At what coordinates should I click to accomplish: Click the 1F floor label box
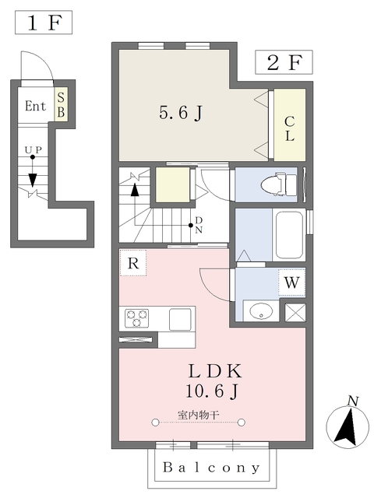pos(44,23)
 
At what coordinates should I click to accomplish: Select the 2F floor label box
pos(284,62)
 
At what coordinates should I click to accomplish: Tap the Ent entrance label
pos(35,106)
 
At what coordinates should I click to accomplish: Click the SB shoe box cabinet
pos(61,104)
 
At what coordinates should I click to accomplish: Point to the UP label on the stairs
pos(34,150)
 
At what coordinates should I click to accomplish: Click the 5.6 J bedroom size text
pos(181,113)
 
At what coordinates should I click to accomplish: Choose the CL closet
pos(290,125)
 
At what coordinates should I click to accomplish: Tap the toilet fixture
pos(279,184)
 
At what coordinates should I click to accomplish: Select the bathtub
pos(289,235)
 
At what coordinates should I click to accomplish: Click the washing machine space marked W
pos(292,282)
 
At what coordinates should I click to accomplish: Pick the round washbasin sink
pos(261,311)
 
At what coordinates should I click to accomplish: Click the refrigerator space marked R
pos(133,263)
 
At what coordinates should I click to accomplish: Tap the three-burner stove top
pos(137,318)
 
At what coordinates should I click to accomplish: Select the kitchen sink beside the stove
pos(180,319)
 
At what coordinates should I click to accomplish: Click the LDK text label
pos(215,371)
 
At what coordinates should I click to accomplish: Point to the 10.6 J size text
pos(212,391)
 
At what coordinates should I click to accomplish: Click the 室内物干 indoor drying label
pos(198,415)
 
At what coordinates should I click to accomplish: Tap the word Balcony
pos(211,468)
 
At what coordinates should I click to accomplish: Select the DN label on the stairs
pos(199,225)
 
